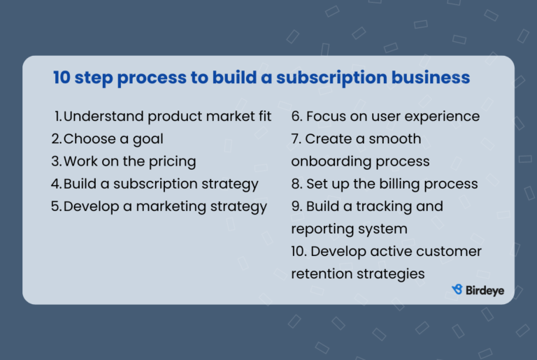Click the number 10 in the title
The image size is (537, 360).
pyautogui.click(x=62, y=78)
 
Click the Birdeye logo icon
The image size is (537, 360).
pyautogui.click(x=457, y=289)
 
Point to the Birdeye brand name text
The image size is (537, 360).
pyautogui.click(x=485, y=290)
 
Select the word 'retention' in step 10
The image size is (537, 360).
pyautogui.click(x=323, y=273)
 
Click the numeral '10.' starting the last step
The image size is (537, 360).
pyautogui.click(x=299, y=251)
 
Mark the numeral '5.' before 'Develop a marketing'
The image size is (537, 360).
pyautogui.click(x=56, y=206)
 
